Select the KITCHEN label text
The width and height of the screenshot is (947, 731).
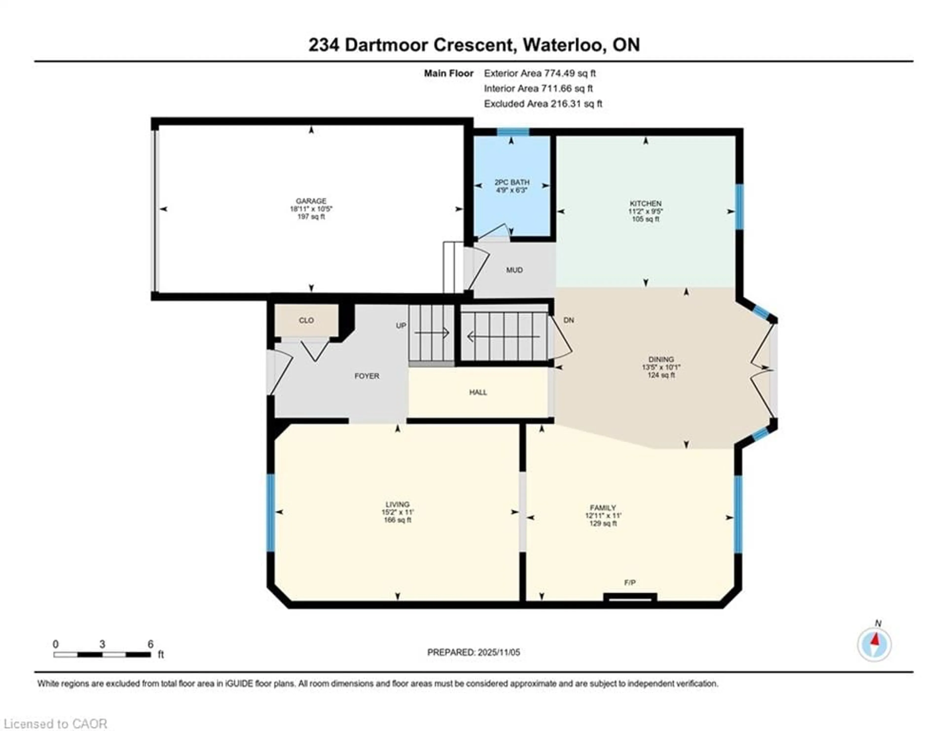(645, 203)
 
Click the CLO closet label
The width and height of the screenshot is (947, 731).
(306, 320)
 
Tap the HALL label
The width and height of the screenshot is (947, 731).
(478, 392)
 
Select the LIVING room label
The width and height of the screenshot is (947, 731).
(397, 504)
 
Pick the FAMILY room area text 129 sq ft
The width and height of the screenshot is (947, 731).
(603, 523)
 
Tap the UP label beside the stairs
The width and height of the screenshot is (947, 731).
(401, 325)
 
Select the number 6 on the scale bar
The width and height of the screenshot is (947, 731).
(150, 644)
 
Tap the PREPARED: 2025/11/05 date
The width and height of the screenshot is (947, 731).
(473, 652)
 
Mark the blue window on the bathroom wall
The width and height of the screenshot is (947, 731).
(512, 132)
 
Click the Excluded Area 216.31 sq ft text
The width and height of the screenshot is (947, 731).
(543, 104)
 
